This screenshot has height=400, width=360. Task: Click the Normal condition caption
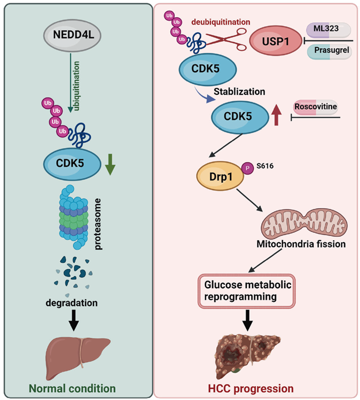(x=77, y=387)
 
